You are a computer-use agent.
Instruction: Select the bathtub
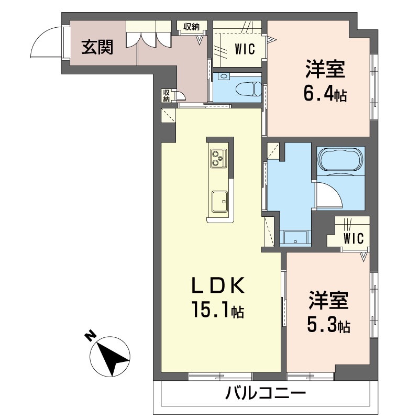(340, 159)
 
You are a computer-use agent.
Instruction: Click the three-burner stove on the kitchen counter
(218, 158)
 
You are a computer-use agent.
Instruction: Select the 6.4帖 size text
(325, 95)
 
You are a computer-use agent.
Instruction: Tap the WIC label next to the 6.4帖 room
(244, 50)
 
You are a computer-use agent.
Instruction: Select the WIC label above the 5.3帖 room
(353, 238)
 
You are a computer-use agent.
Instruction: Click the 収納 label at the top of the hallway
(191, 26)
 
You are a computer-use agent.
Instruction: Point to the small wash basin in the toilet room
(224, 76)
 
